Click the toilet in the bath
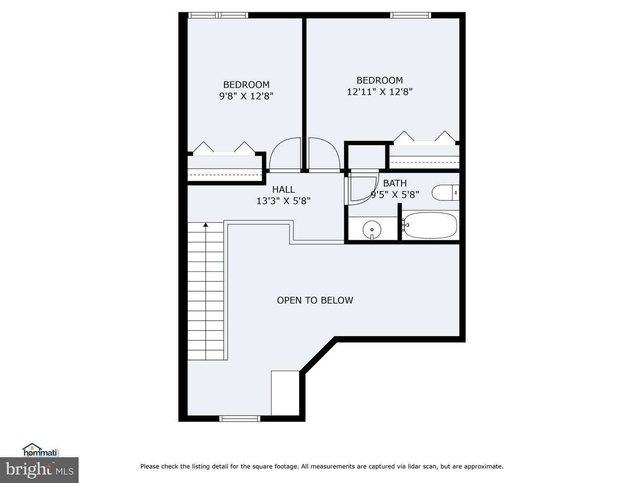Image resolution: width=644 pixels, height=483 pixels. [445, 193]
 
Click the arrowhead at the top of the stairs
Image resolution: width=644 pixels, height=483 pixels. [206, 225]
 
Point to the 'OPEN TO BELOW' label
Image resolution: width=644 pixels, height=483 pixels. [315, 300]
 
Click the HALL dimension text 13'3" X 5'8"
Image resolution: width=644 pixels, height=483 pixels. [284, 201]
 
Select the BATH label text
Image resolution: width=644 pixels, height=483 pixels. [395, 183]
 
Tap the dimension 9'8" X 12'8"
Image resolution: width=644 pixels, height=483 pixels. [246, 96]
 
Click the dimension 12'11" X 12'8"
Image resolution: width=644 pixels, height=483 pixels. [380, 92]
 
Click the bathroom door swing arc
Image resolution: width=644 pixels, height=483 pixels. [370, 195]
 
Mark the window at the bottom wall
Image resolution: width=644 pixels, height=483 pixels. [240, 419]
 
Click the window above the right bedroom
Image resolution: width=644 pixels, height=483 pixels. [411, 15]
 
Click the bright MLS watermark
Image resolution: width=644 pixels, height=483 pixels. [39, 470]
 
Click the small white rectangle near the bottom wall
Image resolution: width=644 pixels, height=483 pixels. [285, 393]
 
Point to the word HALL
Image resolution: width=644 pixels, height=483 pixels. [284, 190]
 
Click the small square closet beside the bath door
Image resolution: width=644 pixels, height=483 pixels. [366, 157]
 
